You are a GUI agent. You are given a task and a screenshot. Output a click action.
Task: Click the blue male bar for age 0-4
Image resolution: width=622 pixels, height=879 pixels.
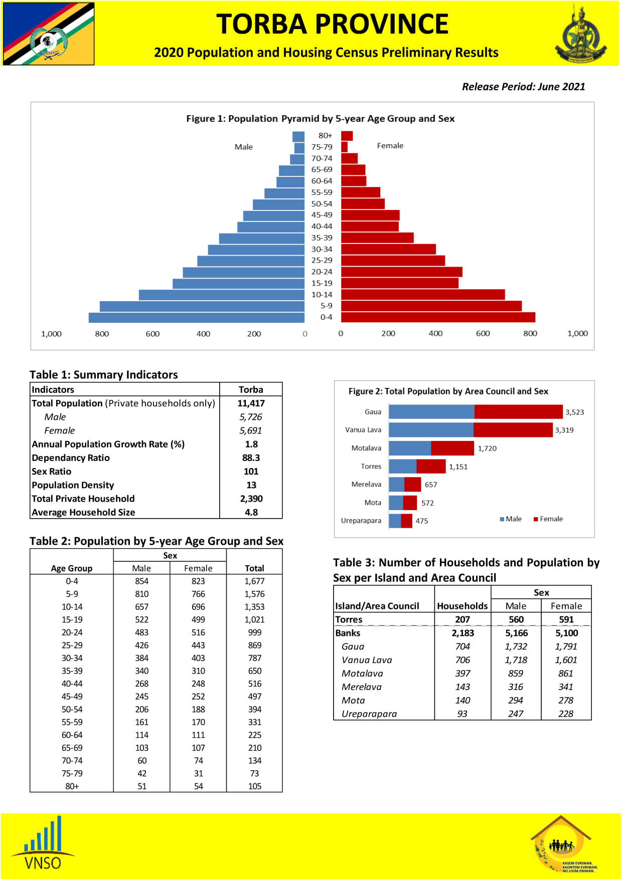tap(197, 317)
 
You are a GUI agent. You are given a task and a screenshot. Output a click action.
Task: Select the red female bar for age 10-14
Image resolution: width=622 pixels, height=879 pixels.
tap(423, 295)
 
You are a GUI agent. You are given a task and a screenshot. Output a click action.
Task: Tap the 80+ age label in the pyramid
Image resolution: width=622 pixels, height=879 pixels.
tap(325, 135)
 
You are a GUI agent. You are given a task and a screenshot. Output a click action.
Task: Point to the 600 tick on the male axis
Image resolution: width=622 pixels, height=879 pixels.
tap(152, 334)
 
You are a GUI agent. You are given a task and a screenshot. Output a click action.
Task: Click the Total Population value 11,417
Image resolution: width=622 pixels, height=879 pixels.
tap(251, 403)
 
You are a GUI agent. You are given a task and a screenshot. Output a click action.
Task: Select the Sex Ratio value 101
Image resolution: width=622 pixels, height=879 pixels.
tap(251, 472)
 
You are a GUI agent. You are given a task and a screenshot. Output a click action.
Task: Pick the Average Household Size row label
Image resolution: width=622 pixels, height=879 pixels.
tap(83, 512)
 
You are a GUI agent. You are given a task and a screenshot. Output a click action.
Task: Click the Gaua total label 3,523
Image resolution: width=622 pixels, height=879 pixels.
tap(574, 412)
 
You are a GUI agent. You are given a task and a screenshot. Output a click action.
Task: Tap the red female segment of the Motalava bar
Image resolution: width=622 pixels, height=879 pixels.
tap(452, 448)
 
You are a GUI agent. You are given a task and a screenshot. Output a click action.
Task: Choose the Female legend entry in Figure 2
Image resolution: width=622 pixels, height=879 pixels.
tap(548, 519)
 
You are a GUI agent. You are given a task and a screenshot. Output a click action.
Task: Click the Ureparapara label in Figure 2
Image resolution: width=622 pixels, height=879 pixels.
tap(361, 521)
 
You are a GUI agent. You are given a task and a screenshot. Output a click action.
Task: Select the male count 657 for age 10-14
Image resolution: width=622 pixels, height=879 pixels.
tap(142, 607)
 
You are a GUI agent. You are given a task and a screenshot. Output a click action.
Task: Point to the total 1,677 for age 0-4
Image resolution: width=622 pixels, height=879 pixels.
tap(254, 581)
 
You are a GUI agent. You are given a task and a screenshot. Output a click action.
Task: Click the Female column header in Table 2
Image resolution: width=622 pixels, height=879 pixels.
tap(198, 568)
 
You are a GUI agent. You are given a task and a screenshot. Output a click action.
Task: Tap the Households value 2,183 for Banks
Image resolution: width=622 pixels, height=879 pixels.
tap(462, 633)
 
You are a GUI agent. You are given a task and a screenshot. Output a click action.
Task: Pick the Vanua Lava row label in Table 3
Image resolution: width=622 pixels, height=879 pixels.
tap(367, 660)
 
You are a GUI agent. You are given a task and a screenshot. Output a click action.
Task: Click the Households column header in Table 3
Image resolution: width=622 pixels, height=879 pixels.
tap(462, 606)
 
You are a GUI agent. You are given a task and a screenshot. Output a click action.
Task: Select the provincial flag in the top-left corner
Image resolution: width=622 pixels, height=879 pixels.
tap(49, 34)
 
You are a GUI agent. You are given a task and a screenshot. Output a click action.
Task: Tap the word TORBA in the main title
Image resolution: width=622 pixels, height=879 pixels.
tap(261, 24)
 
